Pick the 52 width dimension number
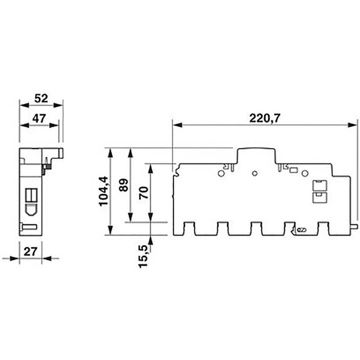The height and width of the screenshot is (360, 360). [x=41, y=98]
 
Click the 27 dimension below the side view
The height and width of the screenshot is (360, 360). [x=30, y=252]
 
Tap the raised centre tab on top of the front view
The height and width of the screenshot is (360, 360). [x=255, y=155]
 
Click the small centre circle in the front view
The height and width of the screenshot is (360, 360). [x=255, y=173]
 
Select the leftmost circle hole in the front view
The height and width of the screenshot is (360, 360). [x=221, y=173]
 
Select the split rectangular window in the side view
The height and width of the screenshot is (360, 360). [x=31, y=195]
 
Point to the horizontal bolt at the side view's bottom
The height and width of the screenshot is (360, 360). [x=29, y=227]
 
